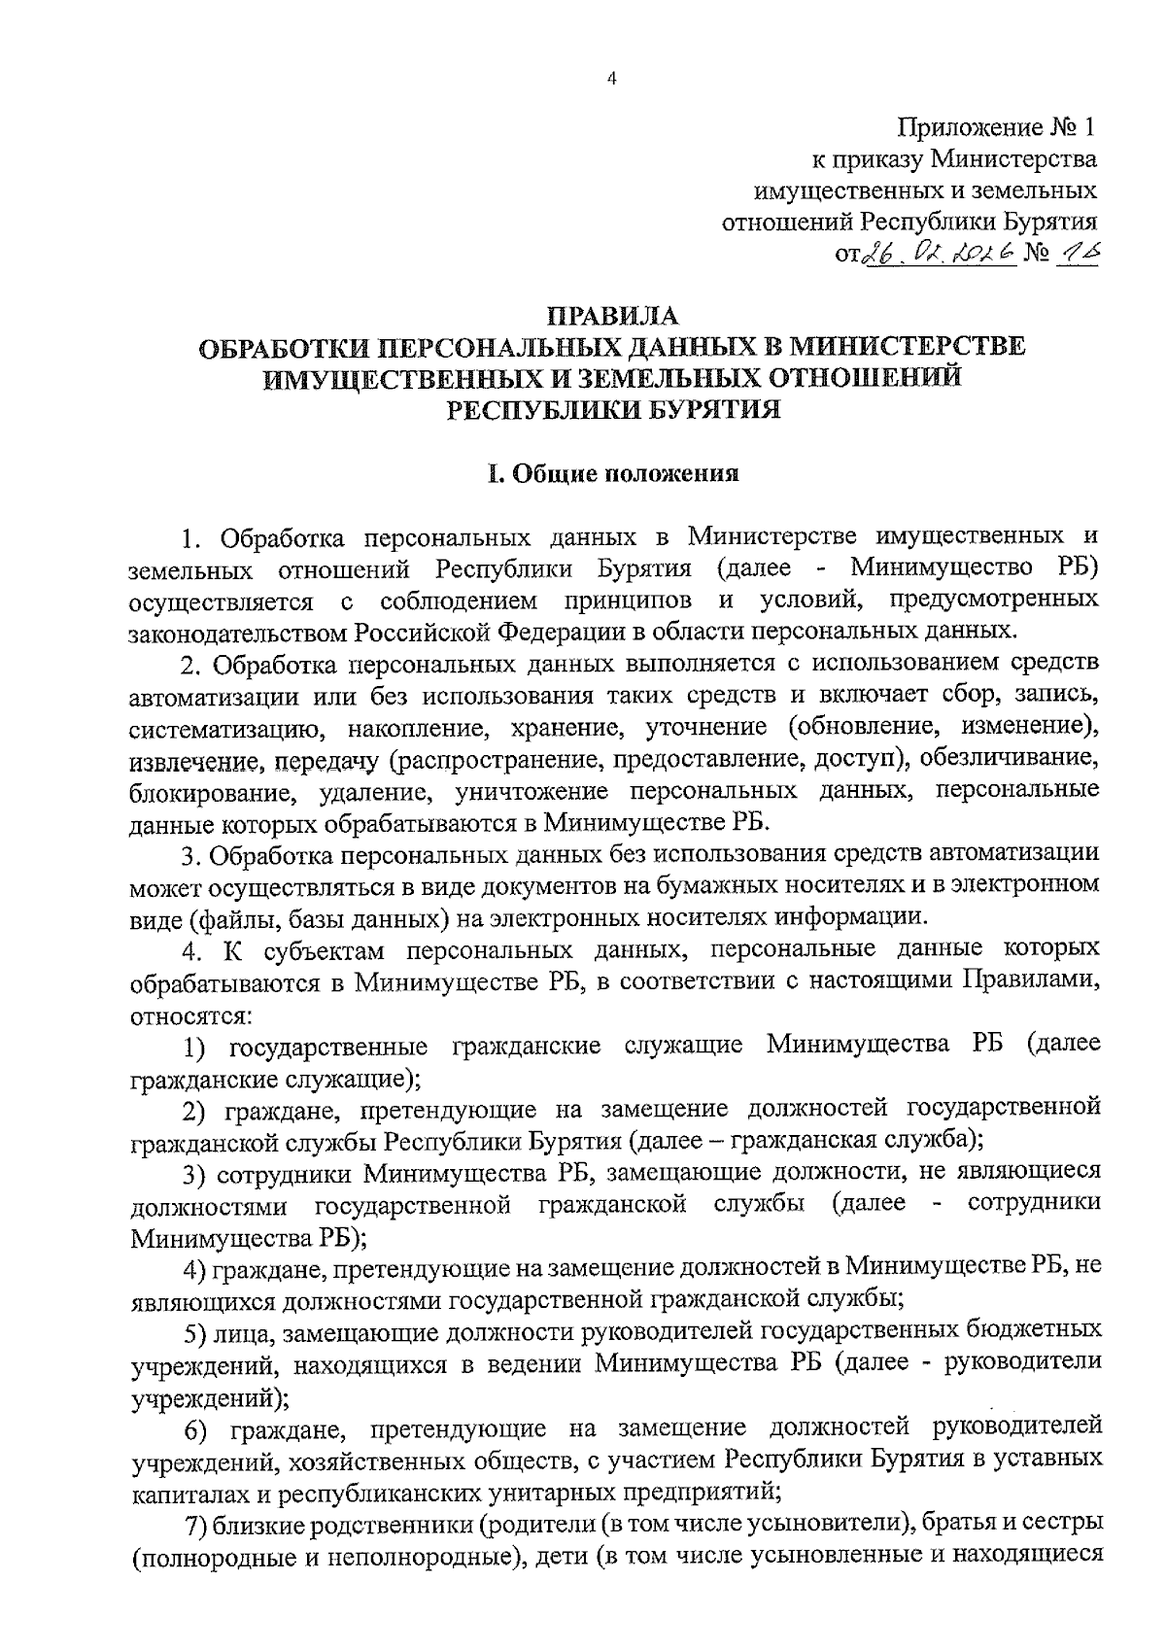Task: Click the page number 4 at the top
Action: point(611,81)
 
